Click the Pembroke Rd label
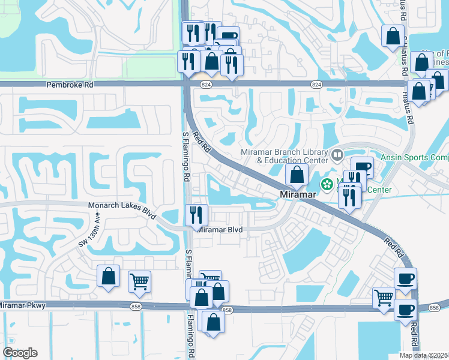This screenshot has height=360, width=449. (70, 85)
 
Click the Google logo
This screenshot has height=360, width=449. (20, 353)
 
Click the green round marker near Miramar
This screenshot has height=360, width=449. (328, 185)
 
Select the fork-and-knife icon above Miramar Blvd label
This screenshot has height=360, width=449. (196, 215)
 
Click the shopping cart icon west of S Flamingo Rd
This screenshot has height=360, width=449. (139, 281)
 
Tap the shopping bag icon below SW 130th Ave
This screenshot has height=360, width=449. (108, 276)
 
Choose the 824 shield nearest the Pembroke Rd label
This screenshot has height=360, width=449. (206, 85)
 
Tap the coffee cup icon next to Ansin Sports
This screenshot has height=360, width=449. (361, 168)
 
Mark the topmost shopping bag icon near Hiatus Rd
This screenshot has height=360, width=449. (392, 36)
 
